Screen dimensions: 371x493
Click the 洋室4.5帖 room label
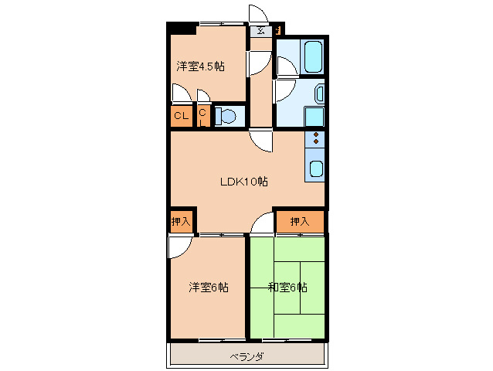200,66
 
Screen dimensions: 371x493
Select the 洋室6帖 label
209,288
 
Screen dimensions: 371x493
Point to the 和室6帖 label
287,288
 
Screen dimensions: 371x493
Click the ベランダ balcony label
246,356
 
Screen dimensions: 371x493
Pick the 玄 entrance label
260,31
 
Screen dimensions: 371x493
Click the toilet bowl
226,117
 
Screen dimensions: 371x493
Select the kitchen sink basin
316,170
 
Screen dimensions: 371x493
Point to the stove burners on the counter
316,140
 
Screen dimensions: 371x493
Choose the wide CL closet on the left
181,116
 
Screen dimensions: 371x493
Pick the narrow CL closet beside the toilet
203,116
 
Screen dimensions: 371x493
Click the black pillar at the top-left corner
182,29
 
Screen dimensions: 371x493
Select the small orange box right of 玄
278,31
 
